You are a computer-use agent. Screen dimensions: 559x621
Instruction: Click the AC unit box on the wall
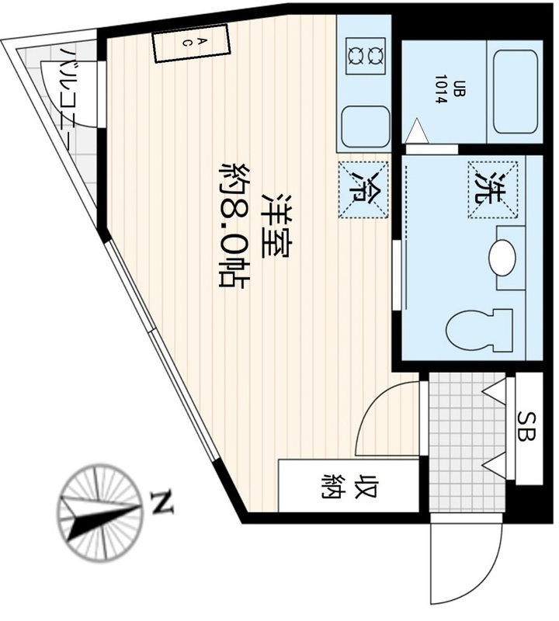click(x=192, y=43)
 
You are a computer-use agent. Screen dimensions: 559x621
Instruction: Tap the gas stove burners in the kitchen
click(x=366, y=56)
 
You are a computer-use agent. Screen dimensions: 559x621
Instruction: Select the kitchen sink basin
click(x=365, y=127)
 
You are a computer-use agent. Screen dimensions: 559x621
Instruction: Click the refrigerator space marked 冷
click(x=363, y=189)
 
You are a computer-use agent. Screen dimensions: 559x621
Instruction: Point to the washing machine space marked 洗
click(x=493, y=189)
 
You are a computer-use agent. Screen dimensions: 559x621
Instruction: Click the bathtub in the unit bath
click(x=516, y=92)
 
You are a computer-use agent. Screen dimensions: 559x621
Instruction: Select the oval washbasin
click(x=502, y=258)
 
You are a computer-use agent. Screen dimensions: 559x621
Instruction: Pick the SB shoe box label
click(x=527, y=426)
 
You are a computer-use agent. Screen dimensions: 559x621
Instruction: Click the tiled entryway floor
click(x=467, y=442)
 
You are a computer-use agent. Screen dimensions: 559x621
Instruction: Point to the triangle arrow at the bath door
click(x=417, y=130)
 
